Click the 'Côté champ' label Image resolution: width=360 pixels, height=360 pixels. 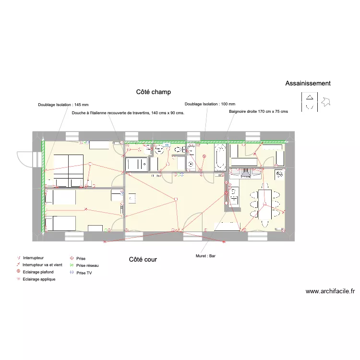point(154,92)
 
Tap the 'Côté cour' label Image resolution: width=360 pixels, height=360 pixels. point(143,260)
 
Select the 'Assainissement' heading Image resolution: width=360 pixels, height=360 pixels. point(308,84)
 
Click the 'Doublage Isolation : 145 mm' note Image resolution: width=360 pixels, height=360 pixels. point(63,105)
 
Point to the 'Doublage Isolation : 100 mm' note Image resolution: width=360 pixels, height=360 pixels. point(210,104)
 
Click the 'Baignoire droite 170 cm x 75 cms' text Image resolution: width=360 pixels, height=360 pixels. point(258,111)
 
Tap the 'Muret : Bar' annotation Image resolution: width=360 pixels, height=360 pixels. point(206,256)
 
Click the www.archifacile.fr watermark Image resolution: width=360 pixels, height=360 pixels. point(330,291)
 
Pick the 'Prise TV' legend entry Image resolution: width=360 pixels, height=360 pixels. point(84,273)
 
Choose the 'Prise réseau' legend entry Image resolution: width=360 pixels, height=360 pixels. point(87,265)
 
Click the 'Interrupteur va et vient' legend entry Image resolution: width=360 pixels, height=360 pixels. point(42,264)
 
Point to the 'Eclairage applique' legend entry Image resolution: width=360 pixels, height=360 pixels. point(39,279)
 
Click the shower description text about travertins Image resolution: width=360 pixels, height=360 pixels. point(128,113)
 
